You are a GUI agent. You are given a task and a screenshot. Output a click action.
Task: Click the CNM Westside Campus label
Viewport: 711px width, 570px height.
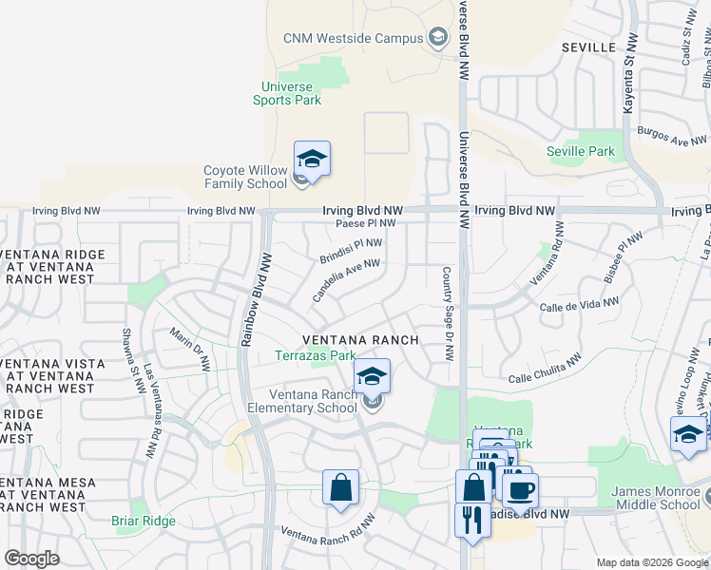click(352, 39)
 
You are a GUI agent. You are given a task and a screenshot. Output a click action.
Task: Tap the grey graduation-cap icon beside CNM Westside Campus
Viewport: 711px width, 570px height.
click(438, 38)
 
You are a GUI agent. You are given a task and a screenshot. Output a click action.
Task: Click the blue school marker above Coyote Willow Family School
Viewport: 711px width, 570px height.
click(312, 158)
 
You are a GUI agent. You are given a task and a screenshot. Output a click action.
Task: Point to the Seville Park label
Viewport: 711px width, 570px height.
click(581, 151)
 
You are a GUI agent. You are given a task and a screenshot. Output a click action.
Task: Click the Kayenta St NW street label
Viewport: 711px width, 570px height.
click(628, 85)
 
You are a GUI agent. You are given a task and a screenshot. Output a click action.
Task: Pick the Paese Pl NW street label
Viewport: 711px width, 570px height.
click(366, 223)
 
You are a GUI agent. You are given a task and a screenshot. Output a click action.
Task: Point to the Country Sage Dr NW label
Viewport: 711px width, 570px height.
click(447, 313)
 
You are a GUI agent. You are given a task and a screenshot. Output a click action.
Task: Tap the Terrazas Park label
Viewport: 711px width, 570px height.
click(308, 356)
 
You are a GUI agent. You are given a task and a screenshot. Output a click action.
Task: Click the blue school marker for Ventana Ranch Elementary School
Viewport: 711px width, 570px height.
click(372, 376)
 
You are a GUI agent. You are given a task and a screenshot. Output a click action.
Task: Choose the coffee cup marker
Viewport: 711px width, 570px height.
click(520, 490)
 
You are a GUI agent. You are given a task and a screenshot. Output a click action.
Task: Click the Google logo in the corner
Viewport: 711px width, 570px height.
click(32, 559)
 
